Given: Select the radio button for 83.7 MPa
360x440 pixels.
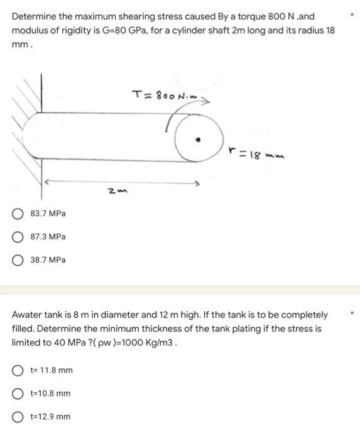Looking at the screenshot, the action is point(18,214).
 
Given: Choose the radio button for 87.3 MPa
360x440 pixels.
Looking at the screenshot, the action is point(18,237).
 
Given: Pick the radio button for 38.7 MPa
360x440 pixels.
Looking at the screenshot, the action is point(18,260).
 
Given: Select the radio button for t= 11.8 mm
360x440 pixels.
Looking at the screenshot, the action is point(18,370).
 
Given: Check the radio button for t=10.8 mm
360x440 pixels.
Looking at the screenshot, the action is point(18,393).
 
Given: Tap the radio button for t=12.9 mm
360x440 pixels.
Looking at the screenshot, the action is point(18,417).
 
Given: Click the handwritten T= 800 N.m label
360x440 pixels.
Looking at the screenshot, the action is point(165,95).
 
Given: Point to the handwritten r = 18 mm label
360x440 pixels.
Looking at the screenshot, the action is point(256,153).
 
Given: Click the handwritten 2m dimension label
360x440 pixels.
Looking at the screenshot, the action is point(117,191).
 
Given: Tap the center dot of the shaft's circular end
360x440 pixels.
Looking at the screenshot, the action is point(198,139).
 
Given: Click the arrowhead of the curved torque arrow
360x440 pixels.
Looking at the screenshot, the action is point(206,101).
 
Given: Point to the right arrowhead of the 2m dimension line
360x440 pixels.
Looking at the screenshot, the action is point(197,184).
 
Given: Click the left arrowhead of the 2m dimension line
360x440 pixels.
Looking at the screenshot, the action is point(46,182).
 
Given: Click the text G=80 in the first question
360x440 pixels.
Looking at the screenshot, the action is point(114,30).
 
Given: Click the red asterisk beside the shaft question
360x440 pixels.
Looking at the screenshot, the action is point(352,14).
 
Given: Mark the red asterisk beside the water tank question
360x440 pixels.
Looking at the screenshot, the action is point(352,312).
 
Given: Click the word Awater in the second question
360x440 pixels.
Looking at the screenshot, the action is point(27,315).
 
